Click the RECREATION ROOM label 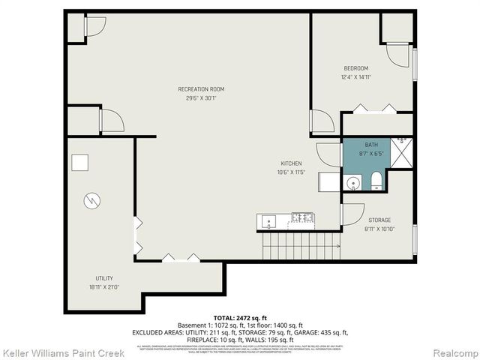point(201,89)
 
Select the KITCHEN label point(291,163)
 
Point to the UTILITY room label point(104,277)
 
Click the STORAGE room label point(379,220)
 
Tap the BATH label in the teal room point(371,144)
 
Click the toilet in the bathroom point(376,181)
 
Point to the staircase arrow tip point(339,245)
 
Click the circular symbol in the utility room point(90,200)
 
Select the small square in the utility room point(80,163)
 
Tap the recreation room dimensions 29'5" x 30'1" point(201,98)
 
